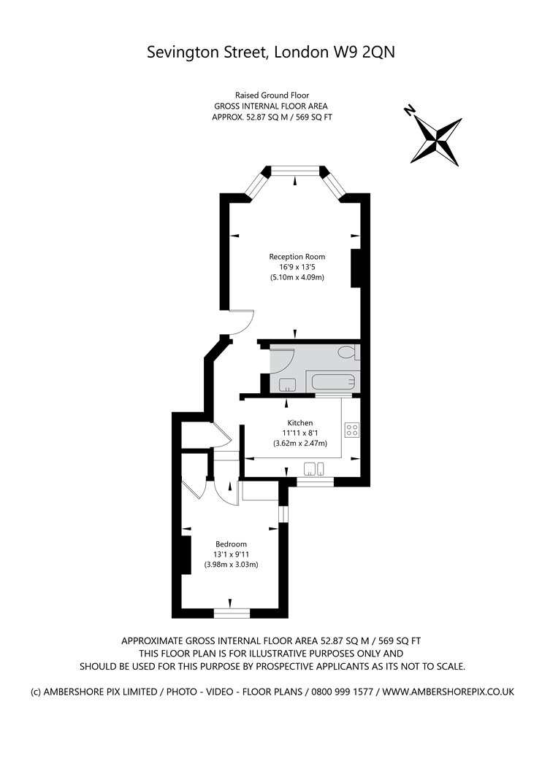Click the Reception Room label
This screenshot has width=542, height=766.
pos(297,257)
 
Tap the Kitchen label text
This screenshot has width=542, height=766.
pos(300,423)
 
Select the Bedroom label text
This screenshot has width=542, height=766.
pos(231,544)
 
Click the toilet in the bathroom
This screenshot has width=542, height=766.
pos(348,354)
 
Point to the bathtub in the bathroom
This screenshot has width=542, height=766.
pos(328,381)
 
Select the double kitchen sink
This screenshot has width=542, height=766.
pos(315,468)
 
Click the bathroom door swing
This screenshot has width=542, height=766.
pos(283,360)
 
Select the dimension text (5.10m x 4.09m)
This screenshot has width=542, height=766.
pos(297,278)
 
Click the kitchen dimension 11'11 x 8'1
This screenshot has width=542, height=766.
pos(300,433)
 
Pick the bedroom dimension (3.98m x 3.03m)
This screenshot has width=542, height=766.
pos(231,565)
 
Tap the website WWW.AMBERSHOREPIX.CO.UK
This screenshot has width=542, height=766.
pos(449,691)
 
